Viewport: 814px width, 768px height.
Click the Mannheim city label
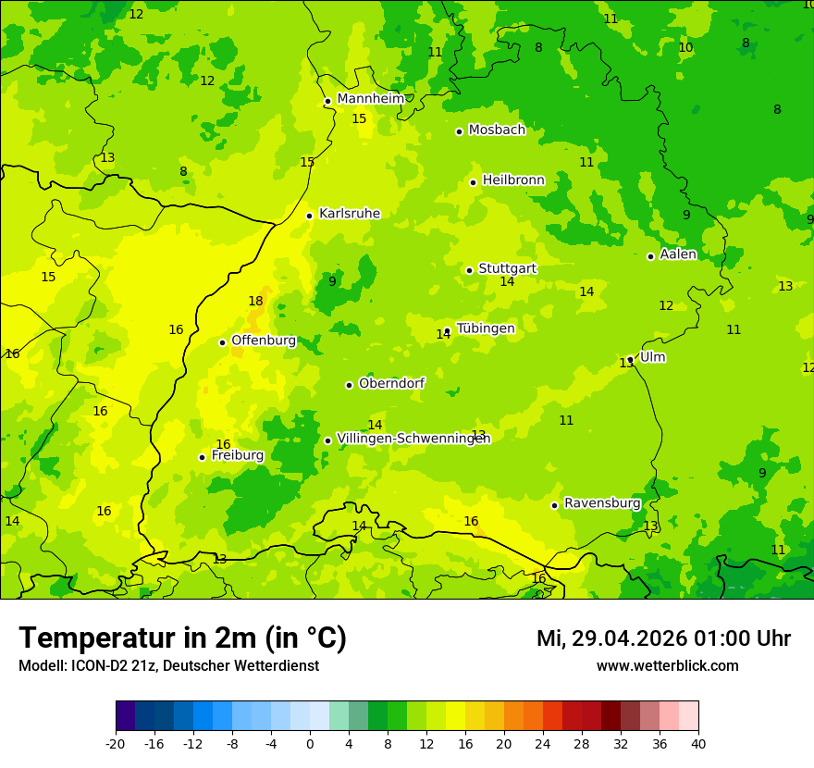click(x=370, y=99)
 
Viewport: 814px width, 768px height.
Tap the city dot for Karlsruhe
click(x=310, y=216)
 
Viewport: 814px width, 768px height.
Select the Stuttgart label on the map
click(x=507, y=268)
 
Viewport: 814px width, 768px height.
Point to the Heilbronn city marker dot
click(x=473, y=182)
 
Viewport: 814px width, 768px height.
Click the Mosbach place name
click(x=497, y=130)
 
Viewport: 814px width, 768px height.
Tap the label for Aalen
click(x=678, y=254)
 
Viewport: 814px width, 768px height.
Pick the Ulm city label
click(x=652, y=357)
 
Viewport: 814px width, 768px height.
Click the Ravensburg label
click(x=602, y=503)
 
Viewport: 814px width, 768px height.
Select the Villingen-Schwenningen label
click(x=413, y=439)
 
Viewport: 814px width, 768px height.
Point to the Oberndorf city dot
click(x=349, y=385)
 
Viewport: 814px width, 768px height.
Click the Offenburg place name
click(x=264, y=341)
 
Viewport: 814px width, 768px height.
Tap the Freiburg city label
click(x=238, y=455)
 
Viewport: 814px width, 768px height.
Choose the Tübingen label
click(x=486, y=328)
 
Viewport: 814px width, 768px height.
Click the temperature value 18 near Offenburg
click(x=255, y=301)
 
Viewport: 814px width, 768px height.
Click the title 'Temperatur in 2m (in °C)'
click(x=182, y=638)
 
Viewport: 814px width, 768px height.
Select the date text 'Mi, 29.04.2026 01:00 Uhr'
click(x=663, y=638)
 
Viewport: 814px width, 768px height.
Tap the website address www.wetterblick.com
click(x=667, y=665)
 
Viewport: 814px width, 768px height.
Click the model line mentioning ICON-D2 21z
click(x=168, y=665)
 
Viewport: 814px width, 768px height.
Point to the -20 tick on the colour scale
click(x=116, y=744)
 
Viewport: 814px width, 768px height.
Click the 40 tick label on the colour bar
click(x=698, y=744)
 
